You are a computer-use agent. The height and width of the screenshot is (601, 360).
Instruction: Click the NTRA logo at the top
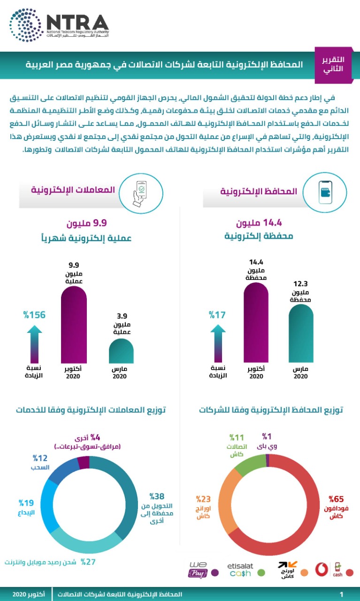coord(59,26)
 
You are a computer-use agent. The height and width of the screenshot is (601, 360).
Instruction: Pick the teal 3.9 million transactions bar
coord(121,350)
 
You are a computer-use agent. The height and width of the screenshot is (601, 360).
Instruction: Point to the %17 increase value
coord(218,315)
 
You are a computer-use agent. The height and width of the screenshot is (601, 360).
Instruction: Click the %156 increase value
coord(35,315)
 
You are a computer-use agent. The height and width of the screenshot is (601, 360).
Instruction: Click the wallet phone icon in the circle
coord(325,192)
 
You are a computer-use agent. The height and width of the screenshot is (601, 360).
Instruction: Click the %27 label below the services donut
coord(89,562)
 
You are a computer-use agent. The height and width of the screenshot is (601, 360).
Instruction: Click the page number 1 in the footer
coord(341,594)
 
